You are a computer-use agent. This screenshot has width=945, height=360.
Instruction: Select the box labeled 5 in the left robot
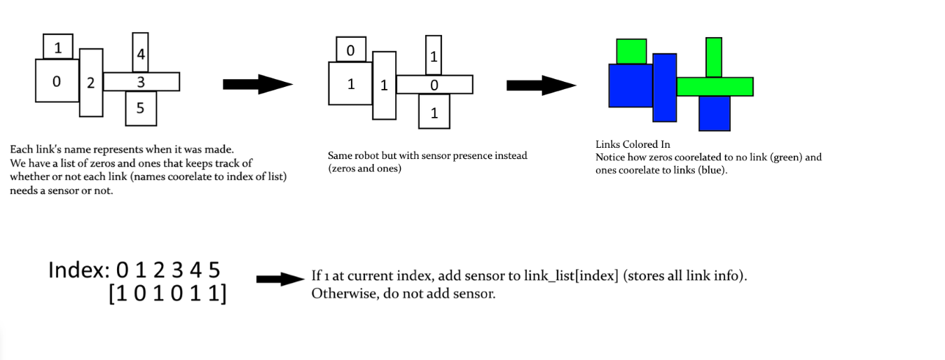pos(140,109)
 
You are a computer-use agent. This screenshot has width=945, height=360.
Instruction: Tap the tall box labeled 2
pos(90,83)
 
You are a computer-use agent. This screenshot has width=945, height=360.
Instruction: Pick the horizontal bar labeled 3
pos(141,82)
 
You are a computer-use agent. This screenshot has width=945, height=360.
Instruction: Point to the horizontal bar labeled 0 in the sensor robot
pos(434,85)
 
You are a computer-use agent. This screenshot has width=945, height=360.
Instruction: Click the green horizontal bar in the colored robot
pos(715,86)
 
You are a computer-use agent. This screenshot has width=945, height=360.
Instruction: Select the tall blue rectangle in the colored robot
pos(665,88)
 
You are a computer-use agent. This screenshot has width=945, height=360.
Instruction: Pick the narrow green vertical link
pos(714,57)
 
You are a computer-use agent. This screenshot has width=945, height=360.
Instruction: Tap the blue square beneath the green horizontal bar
pos(714,113)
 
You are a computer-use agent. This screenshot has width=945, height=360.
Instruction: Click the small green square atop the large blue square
pos(631,51)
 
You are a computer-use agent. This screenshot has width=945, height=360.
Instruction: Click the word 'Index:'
pos(79,270)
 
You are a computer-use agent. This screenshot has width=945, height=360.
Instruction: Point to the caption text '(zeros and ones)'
pos(364,169)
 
